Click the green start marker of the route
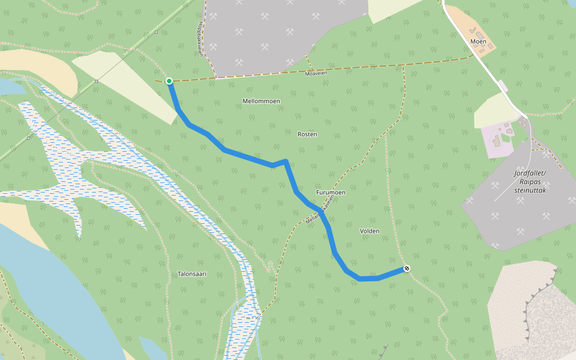pos(169,81)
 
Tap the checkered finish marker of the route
pos(407,268)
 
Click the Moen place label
pos(478,41)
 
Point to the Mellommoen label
pos(261,101)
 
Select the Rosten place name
pos(307,134)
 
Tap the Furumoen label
pos(331,192)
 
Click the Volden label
pos(370,230)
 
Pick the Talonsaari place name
pos(192,274)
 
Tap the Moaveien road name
pos(316,73)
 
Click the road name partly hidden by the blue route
pos(318,213)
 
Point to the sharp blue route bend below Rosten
pos(286,161)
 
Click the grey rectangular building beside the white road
pos(502,87)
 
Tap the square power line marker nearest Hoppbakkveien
pos(156,31)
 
